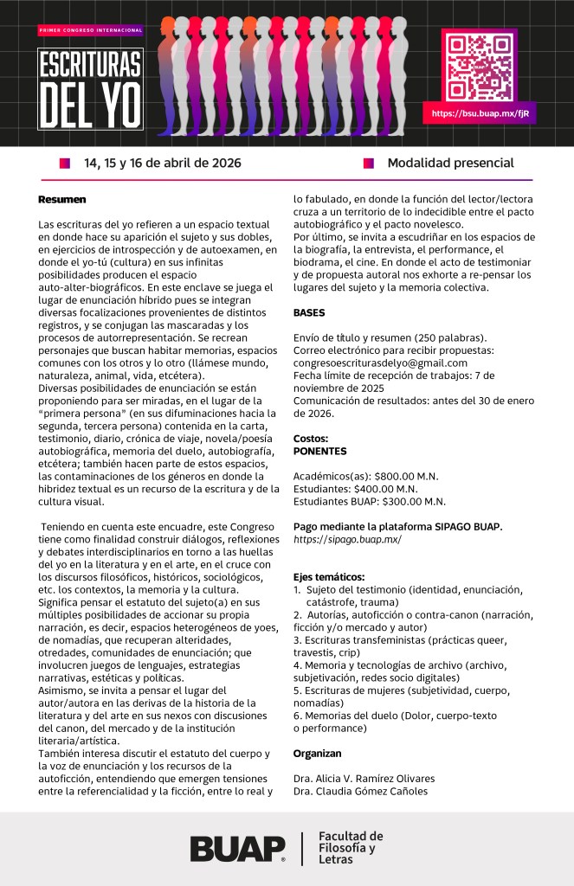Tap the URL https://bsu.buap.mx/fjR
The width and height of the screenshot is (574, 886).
tap(480, 113)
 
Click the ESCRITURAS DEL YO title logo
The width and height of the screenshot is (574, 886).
tap(90, 89)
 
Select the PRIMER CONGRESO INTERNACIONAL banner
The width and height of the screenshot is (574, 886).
tap(90, 30)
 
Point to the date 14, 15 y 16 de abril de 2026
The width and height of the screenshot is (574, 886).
tap(162, 163)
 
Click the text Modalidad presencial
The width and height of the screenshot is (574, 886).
tap(450, 163)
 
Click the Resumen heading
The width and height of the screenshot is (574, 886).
tap(61, 200)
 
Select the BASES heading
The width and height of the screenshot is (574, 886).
tap(309, 312)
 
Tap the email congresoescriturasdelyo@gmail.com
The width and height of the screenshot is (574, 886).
tap(380, 363)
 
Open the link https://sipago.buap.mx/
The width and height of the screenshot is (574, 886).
tap(347, 538)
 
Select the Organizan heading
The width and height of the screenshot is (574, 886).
tap(317, 754)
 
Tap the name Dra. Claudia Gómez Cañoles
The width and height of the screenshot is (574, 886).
tap(359, 791)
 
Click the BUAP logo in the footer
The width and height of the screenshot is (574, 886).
tap(237, 848)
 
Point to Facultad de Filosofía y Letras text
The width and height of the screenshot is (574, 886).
tap(350, 848)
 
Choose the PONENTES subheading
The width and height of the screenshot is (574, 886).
tap(319, 451)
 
